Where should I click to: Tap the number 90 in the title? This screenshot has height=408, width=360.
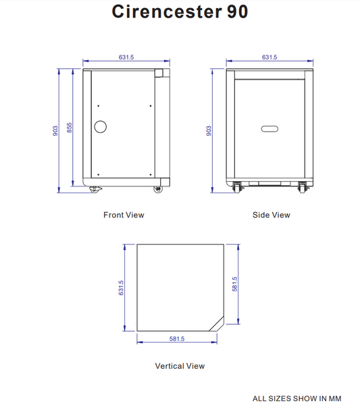pos(233,12)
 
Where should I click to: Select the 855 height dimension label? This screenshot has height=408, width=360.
pos(69,126)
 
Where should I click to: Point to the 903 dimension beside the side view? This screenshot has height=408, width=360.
pos(209,130)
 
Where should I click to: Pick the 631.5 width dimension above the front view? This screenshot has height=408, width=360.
pos(126,57)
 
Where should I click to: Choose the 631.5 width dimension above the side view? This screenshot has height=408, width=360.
pos(269,57)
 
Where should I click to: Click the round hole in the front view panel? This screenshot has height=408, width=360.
pos(101,126)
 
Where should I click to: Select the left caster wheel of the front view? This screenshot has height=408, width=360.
pos(93,189)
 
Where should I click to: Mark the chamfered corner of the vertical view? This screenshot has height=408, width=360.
pos(218,323)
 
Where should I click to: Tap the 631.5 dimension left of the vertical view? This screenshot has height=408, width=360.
pos(122,288)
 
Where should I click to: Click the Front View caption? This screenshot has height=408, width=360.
pos(124,215)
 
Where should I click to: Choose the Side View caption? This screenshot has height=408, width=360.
pos(271,215)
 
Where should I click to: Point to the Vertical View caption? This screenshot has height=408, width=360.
pos(180,365)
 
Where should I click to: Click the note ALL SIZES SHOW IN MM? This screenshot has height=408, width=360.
pos(297,399)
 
